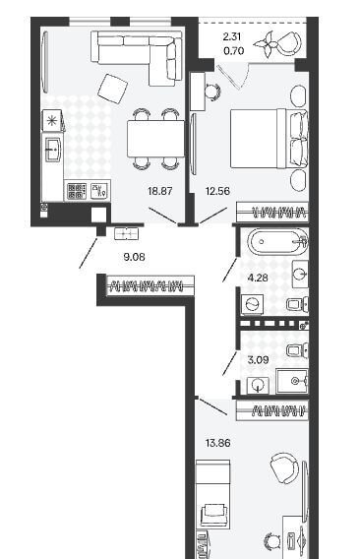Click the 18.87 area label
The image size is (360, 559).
pos(160,191)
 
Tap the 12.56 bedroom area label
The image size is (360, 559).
pos(217,191)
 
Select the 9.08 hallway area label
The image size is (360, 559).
pos(134,257)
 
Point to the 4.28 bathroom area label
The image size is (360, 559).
pos(258,278)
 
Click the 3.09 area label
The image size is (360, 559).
pos(258,360)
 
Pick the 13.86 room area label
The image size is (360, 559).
pos(217,443)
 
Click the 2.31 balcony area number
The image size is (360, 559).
pos(232,36)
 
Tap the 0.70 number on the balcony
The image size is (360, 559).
pos(234,51)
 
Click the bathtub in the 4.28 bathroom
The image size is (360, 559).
pos(277,242)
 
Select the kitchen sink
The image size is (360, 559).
pos(53,150)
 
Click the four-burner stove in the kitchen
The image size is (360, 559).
pos(77,191)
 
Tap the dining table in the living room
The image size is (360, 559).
pos(155,139)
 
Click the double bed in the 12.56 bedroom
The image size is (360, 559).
pos(269,139)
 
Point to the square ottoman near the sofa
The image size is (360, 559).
pos(113,89)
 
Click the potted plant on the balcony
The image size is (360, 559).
pos(266,44)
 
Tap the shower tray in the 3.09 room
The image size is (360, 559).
pos(292,381)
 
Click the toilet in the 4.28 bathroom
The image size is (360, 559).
pos(298,304)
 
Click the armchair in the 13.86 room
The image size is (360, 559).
pos(284,468)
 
